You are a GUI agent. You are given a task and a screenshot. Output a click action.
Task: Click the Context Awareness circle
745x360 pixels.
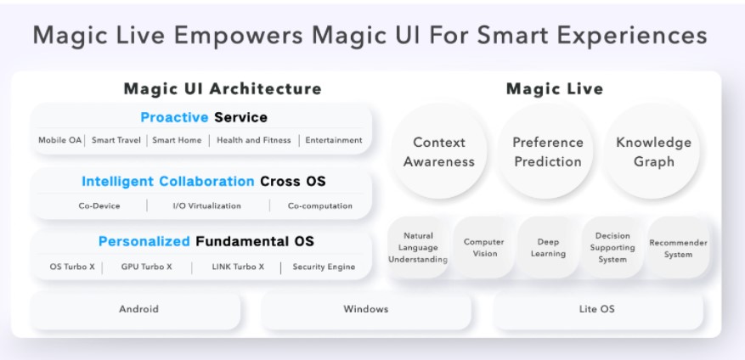coord(438,152)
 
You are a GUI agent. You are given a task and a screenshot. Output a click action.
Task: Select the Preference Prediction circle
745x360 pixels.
coord(547,152)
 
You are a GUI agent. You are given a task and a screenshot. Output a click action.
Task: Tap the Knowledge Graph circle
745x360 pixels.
coord(653,152)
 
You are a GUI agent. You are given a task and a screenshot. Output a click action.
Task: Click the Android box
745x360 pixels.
coord(138,310)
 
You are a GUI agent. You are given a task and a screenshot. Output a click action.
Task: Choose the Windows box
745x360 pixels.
coord(366,310)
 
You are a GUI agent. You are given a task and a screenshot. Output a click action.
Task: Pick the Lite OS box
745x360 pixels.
coord(596,310)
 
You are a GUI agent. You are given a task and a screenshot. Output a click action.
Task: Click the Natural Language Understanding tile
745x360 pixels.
coord(418,248)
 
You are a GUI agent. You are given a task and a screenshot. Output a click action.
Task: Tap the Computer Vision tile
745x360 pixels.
coord(483,248)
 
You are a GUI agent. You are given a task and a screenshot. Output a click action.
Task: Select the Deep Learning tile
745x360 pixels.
coord(548,248)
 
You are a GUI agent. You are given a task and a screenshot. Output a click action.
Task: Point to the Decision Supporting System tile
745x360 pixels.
coord(612,248)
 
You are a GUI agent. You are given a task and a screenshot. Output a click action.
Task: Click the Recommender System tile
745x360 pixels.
coord(678,248)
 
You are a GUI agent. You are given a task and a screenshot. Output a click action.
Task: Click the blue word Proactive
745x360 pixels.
coord(175,117)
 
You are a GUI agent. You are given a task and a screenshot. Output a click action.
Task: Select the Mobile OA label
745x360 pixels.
coord(59,140)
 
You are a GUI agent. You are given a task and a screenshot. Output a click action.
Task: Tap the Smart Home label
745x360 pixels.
coord(177,140)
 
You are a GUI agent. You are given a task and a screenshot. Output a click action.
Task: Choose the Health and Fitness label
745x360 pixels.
coord(253,140)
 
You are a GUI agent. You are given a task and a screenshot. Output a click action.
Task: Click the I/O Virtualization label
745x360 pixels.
coord(206,205)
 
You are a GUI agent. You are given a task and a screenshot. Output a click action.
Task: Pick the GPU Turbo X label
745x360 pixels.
coord(146,267)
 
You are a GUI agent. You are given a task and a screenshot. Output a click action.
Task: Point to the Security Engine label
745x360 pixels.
coord(324,267)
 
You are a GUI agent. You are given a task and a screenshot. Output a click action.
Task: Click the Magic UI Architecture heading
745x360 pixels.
coord(223,88)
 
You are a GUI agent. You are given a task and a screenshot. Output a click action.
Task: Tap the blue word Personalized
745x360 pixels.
coord(144,241)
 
